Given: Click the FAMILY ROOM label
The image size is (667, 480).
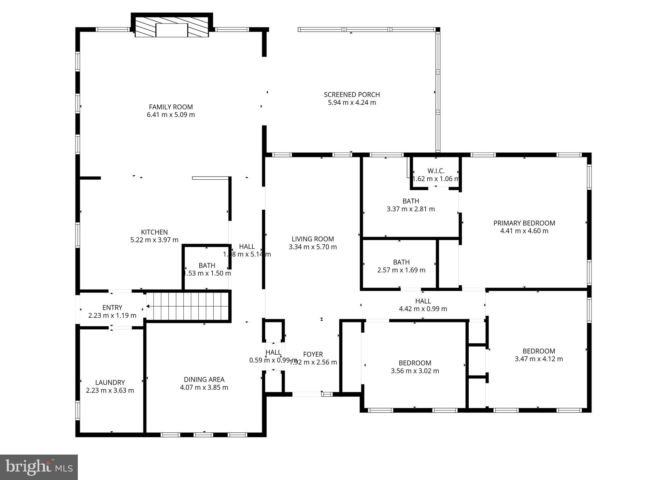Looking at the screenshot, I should pos(171,107).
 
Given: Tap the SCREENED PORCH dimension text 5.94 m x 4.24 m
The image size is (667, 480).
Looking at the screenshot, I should pos(352,103).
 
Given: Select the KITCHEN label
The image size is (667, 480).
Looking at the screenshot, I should pos(154,232).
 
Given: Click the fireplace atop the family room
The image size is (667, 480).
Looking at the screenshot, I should pos(172,30).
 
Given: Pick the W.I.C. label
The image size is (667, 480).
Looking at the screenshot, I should pos(436,171).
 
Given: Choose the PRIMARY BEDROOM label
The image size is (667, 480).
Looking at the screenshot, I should pos(524,223).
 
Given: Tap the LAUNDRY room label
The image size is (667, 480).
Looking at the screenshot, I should pos(110,382).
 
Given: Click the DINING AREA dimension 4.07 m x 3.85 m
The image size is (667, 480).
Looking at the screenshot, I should pos(204,388).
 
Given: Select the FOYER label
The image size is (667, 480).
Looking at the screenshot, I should pos(313,354).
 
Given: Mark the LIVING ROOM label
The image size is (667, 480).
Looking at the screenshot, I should pos(313,239).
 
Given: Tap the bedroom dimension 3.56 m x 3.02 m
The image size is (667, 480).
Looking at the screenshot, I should pos(415,371).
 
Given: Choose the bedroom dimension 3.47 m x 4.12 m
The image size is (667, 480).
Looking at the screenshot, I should pos(539,359).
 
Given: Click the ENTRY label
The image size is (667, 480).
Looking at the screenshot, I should pos(112,307).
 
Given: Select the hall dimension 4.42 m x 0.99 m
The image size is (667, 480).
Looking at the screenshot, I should pos(423,309).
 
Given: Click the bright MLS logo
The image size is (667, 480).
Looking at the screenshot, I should pos(39,467).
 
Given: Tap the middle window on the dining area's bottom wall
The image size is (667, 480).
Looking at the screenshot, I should pos(204,435).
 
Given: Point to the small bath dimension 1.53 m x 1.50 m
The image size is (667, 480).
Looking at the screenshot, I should pos(207,273).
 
